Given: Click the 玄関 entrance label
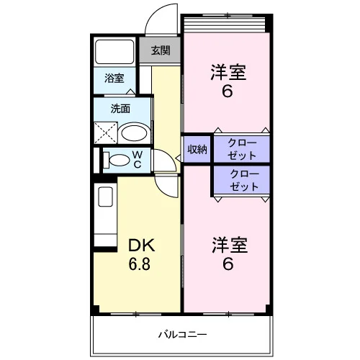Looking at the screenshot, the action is tap(161, 50).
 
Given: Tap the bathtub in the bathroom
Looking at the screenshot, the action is tap(114, 52).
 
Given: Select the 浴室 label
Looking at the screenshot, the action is tap(114, 78).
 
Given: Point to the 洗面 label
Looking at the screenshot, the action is tap(120, 109).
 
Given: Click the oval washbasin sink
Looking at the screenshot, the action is tap(134, 132).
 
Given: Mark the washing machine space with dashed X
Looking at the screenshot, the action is tap(106, 132).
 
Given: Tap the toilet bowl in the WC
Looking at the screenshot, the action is tap(117, 160).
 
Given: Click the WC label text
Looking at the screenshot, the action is tap(138, 160).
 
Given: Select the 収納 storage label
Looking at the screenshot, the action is tap(197, 150).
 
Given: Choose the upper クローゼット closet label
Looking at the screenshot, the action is tap(242, 149).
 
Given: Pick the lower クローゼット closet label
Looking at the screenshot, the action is tap(244, 180).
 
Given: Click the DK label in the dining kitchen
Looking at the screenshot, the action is tap(141, 246).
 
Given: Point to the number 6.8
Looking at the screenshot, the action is tap(140, 264).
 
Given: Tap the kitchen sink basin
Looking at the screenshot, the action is tap(106, 197).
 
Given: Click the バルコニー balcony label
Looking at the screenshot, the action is tap(182, 334).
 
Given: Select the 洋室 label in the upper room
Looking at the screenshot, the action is tap(228, 72).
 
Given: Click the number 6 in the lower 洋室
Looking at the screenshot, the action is tap(228, 264).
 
